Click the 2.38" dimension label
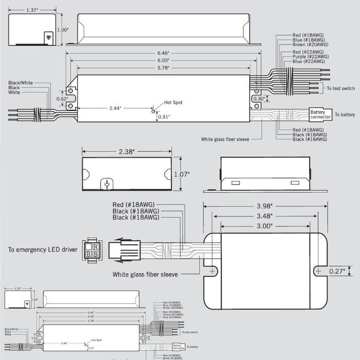tap(127, 152)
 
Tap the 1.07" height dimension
tap(182, 174)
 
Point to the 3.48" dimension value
tap(265, 217)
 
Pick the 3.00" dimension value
tap(265, 226)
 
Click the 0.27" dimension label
tap(337, 271)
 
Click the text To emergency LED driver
tap(43, 250)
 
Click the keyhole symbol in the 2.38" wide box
tap(107, 184)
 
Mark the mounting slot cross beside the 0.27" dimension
tap(319, 270)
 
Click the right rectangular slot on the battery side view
tap(295, 183)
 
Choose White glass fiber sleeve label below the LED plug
tap(146, 275)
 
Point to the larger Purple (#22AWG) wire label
tap(308, 57)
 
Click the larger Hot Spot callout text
tap(173, 103)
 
